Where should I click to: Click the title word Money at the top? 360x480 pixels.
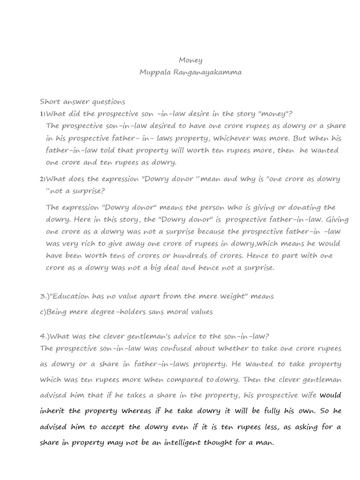[x=191, y=60]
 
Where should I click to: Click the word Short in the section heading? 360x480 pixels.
[x=49, y=101]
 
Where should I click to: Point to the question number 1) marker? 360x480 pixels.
[x=43, y=114]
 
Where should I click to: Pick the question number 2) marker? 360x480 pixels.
[x=43, y=179]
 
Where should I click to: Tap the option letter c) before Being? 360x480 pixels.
[x=43, y=312]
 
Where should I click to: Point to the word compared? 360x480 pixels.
[x=192, y=379]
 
